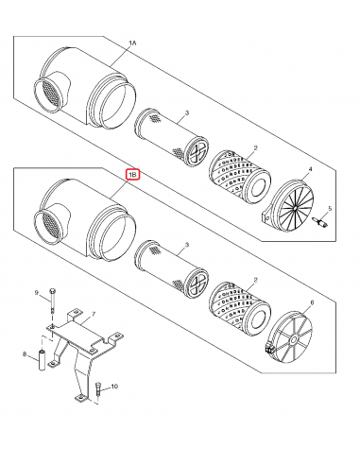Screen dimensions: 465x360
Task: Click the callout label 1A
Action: click(x=132, y=44)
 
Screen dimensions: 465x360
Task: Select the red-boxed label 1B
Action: click(x=132, y=175)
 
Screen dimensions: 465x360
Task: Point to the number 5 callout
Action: click(x=330, y=208)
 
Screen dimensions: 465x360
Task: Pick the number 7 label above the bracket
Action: click(x=92, y=313)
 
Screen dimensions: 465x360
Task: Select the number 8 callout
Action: click(x=24, y=356)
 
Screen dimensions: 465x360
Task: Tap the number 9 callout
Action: click(x=37, y=293)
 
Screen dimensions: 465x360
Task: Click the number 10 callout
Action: click(x=114, y=387)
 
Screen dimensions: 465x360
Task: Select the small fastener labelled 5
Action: click(x=318, y=223)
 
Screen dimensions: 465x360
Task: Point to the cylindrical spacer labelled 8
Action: click(x=42, y=362)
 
